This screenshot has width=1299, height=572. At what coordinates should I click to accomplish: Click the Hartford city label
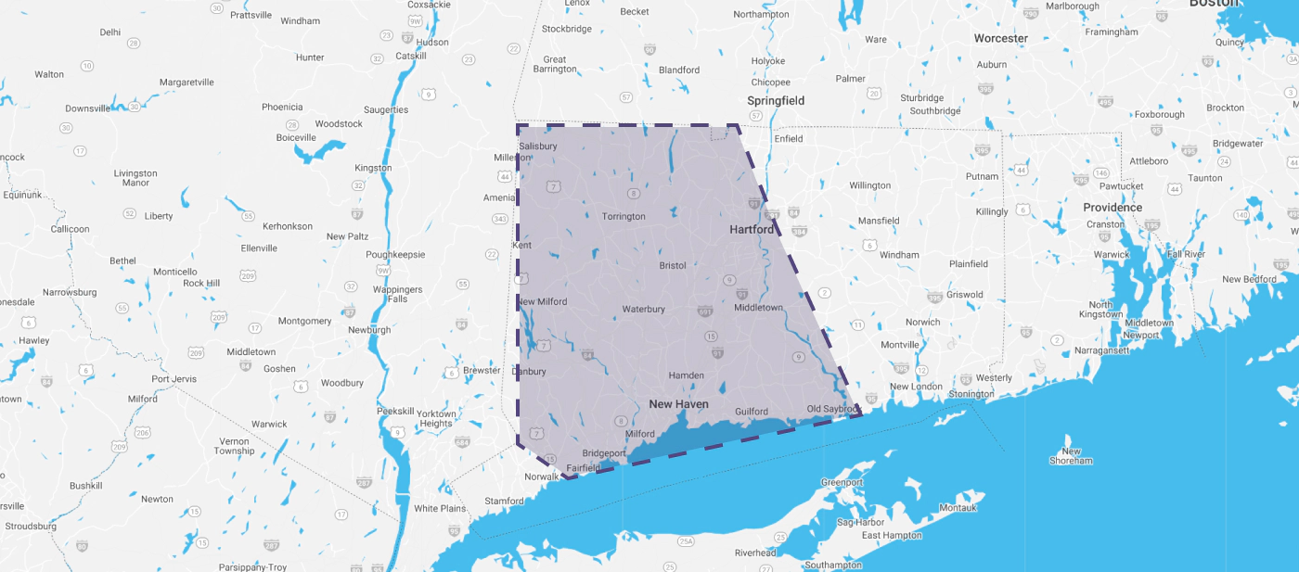(751, 229)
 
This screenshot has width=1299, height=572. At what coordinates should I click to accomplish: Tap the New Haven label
(678, 404)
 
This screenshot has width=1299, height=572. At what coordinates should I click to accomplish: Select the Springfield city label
(776, 100)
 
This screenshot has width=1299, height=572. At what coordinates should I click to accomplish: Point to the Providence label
(1113, 208)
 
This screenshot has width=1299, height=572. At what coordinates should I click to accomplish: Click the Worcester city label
(1000, 39)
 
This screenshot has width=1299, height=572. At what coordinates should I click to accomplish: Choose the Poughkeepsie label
(394, 254)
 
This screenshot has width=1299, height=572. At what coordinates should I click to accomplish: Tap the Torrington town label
(624, 217)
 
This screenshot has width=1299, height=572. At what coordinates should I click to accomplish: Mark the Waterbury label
(643, 309)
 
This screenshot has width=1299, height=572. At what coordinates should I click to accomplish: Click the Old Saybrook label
(833, 409)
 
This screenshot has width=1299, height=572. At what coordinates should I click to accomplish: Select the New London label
(916, 387)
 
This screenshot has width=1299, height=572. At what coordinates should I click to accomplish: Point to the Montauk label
(958, 508)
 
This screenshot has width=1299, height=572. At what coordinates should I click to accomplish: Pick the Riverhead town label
(755, 553)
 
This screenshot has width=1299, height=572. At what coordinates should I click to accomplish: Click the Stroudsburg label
(31, 527)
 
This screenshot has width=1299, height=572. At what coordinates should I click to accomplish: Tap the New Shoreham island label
(1071, 456)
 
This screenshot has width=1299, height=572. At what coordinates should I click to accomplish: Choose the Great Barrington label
(555, 64)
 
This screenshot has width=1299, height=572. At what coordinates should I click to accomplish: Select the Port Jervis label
(174, 379)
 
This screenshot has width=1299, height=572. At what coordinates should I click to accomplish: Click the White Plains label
(440, 509)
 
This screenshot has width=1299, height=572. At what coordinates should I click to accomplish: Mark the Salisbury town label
(538, 146)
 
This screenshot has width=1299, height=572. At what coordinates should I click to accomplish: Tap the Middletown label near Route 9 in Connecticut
(758, 308)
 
